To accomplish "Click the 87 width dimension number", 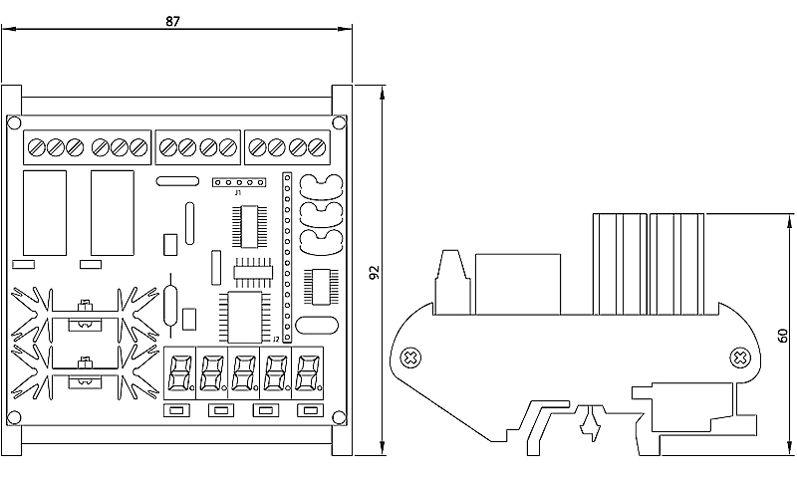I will coord(173,21).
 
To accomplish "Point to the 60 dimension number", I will coord(784,337).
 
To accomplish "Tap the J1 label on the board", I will coord(238,192).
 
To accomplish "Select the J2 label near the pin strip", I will coord(276,339).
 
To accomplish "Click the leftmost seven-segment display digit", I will coord(181,373).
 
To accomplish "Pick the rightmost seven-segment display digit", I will coord(308,373).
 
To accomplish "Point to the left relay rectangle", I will coord(45,212).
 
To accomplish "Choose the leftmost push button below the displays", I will coord(178,410).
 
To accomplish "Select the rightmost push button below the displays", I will coord(308,410).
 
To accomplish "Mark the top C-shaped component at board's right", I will coord(321,186).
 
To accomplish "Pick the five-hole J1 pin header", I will coord(239,182).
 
